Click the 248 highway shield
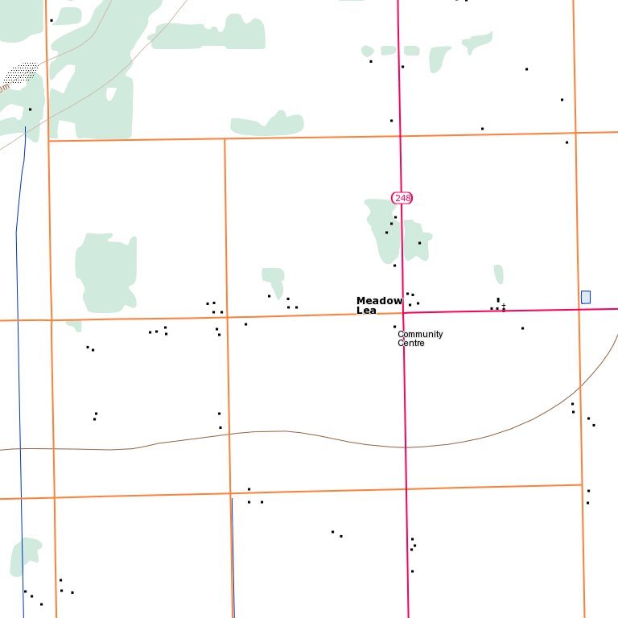tap(402, 197)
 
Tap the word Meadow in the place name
tap(379, 301)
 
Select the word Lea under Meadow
tap(366, 311)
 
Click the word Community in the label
tap(420, 334)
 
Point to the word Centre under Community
tap(410, 344)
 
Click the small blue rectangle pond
tap(586, 297)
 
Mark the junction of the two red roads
tap(403, 313)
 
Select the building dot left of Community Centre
tap(394, 327)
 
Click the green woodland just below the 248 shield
tap(383, 229)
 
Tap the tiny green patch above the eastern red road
tap(499, 274)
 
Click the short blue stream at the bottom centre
tap(233, 555)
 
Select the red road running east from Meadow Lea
tap(515, 310)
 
